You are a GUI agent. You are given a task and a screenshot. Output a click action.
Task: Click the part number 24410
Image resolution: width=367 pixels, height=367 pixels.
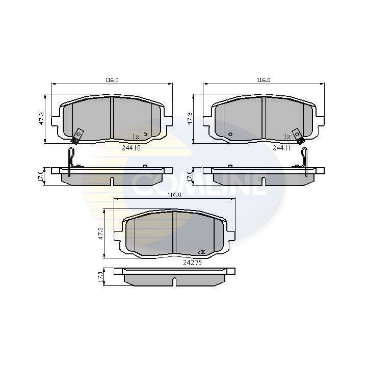131,148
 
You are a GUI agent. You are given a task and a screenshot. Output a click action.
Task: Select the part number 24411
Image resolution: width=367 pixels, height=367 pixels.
281,148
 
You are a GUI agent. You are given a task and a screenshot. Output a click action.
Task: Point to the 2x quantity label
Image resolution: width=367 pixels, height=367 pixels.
201,251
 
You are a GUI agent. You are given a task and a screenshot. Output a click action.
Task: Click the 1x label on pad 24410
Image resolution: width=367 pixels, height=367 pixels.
136,137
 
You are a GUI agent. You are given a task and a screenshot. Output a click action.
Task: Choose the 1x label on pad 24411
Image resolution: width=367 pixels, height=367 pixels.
287,137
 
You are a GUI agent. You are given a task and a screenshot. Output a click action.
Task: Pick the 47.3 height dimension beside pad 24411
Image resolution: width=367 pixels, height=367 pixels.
191,118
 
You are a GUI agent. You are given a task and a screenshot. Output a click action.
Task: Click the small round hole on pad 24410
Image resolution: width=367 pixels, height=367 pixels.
146,135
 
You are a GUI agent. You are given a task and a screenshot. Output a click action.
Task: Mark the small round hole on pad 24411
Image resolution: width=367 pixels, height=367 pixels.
230,135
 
